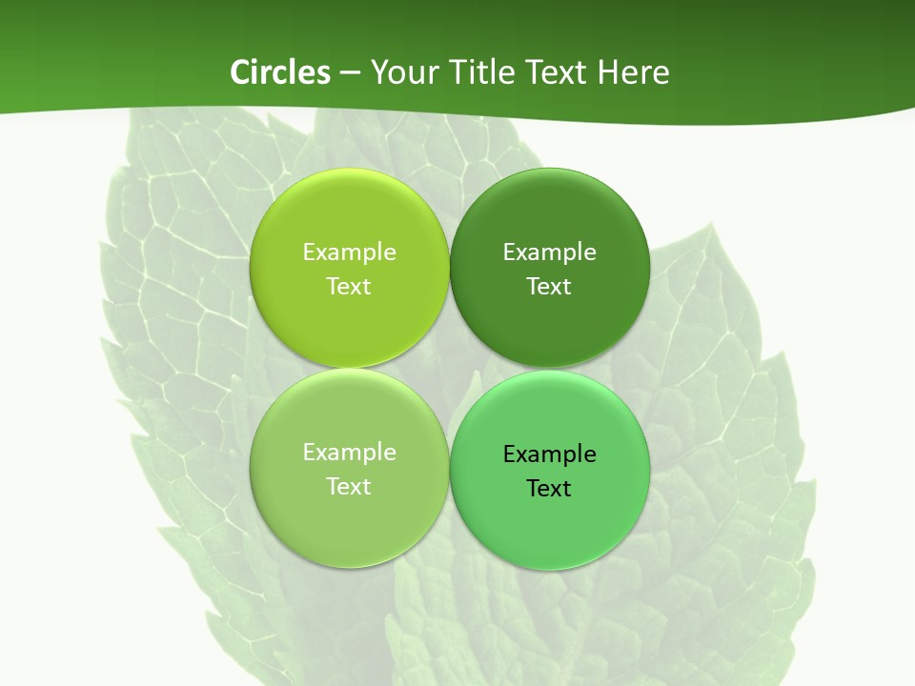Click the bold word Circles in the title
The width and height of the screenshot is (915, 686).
click(280, 72)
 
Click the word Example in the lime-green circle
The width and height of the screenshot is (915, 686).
click(349, 252)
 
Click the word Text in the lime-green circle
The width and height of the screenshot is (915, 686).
click(349, 287)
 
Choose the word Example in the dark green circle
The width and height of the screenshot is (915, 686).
click(550, 252)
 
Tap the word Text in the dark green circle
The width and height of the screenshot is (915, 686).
click(550, 287)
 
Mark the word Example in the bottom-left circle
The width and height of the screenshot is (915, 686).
click(349, 453)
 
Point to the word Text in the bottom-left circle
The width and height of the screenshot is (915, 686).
click(349, 487)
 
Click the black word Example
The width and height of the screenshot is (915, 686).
click(550, 454)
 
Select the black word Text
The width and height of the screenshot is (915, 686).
click(550, 489)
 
